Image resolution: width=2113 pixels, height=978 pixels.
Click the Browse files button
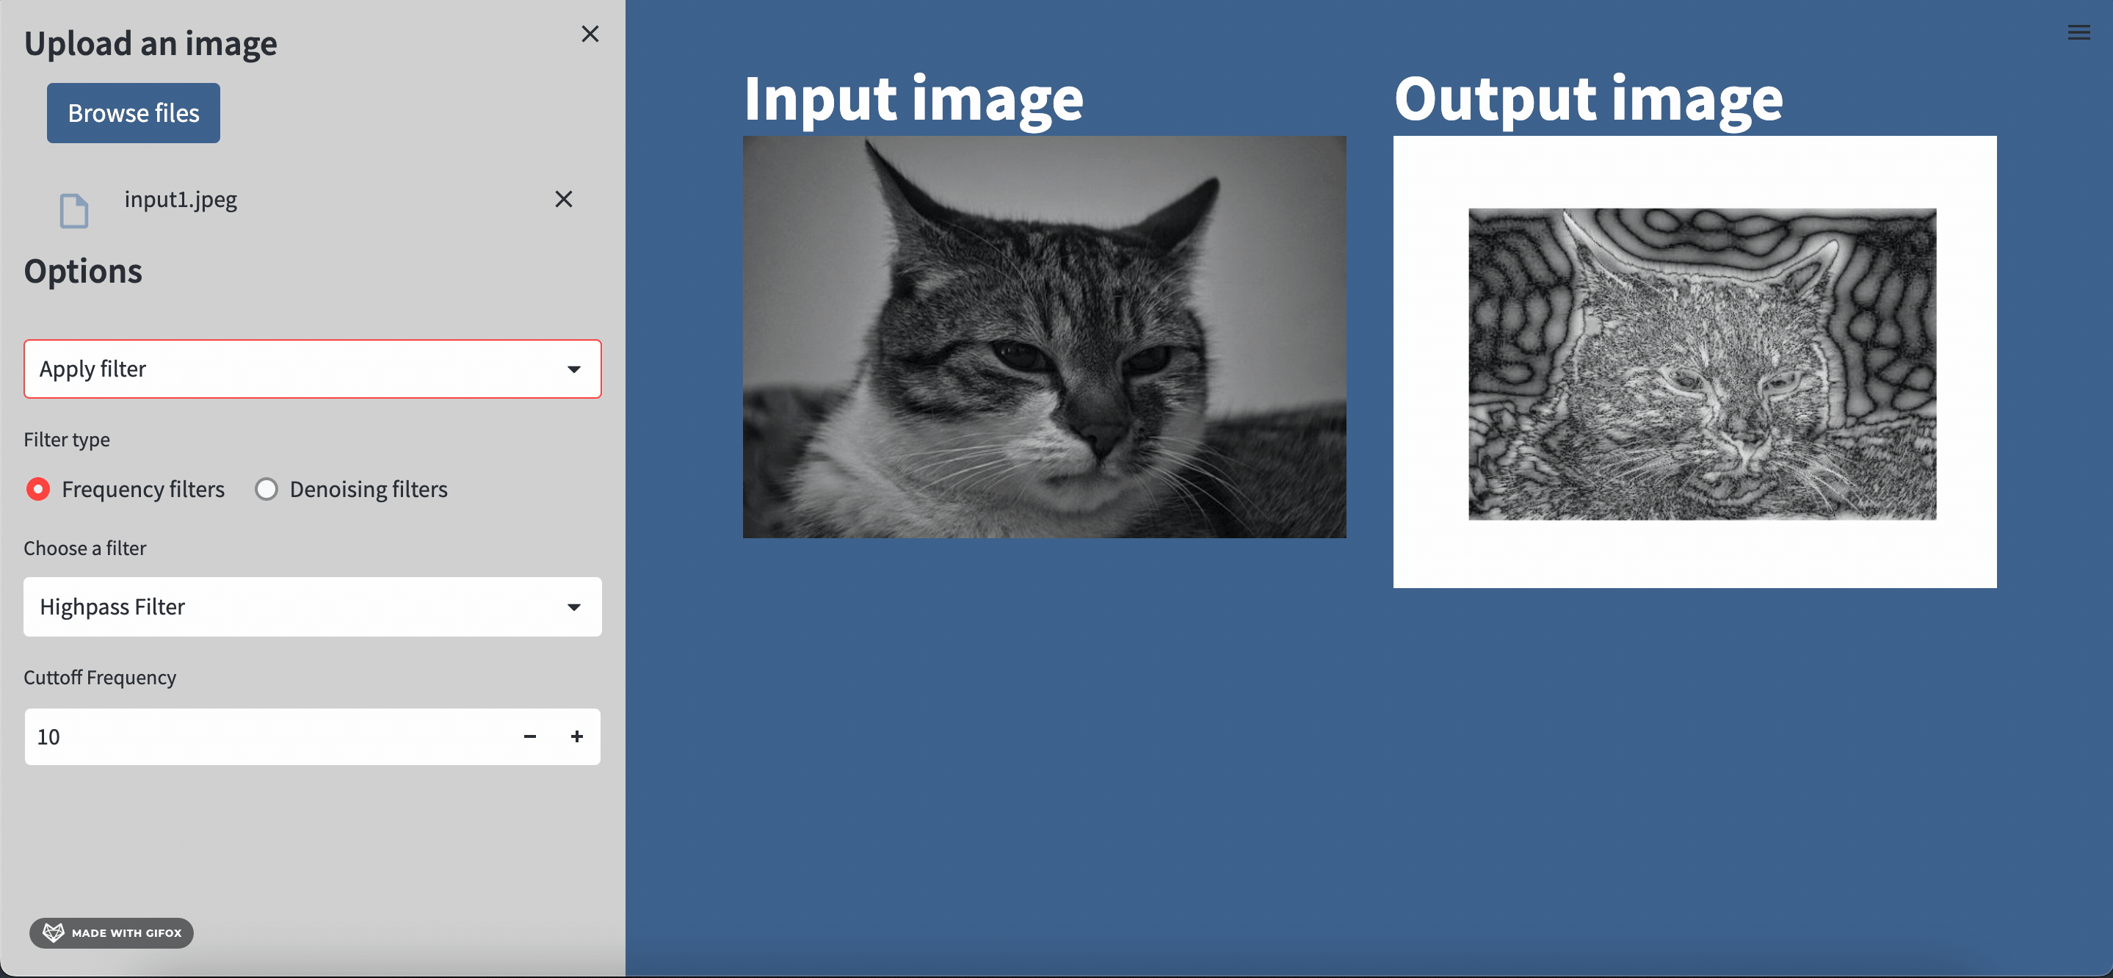(x=133, y=112)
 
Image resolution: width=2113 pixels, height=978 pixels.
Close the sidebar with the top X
(x=590, y=34)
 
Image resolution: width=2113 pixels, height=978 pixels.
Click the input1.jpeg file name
(x=181, y=200)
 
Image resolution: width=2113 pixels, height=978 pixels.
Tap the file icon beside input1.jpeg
(x=74, y=211)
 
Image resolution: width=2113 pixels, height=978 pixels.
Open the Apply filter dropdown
(x=313, y=369)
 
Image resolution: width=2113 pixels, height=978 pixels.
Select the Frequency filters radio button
(x=37, y=489)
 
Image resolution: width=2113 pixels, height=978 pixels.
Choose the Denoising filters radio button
(x=266, y=489)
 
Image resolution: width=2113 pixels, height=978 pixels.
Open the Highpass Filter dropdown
(x=313, y=607)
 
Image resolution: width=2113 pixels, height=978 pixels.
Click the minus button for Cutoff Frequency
(x=530, y=736)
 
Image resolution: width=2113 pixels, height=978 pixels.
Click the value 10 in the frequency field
(x=48, y=736)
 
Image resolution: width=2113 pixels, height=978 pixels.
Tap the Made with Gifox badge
(x=112, y=933)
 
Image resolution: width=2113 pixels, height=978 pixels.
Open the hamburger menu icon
(x=2078, y=33)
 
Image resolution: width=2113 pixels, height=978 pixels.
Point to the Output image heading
(x=1589, y=99)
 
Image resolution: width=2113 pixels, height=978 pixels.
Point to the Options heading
(x=83, y=272)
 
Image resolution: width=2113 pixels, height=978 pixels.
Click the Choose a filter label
(x=84, y=548)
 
